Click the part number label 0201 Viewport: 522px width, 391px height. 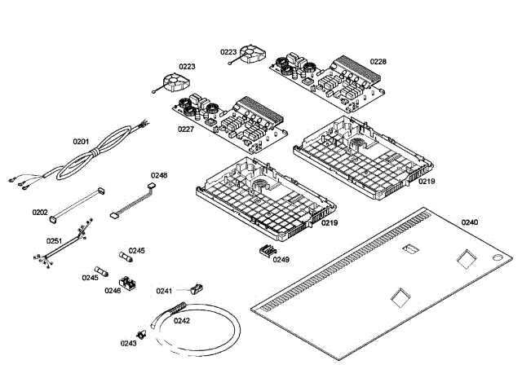pos(81,142)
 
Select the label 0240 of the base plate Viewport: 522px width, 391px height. pos(470,222)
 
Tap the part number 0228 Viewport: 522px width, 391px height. pos(378,62)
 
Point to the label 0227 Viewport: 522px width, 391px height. pos(185,129)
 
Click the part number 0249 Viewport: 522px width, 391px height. pos(281,259)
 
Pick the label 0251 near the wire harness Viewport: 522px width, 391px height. pos(55,241)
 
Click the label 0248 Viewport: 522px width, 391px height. pos(159,175)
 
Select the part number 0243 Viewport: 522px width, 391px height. pos(129,343)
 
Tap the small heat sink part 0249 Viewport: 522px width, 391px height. pos(268,251)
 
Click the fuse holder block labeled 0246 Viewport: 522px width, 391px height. pos(127,283)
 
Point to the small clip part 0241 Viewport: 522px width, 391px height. pos(197,288)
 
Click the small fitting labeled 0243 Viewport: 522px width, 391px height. pos(142,335)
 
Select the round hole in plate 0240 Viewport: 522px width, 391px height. pos(498,257)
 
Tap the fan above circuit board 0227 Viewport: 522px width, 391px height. pos(175,83)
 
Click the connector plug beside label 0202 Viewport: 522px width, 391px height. pos(53,218)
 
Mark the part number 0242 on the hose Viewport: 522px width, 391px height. pos(182,320)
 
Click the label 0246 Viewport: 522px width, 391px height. pos(113,291)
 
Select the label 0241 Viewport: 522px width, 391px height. pos(164,291)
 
